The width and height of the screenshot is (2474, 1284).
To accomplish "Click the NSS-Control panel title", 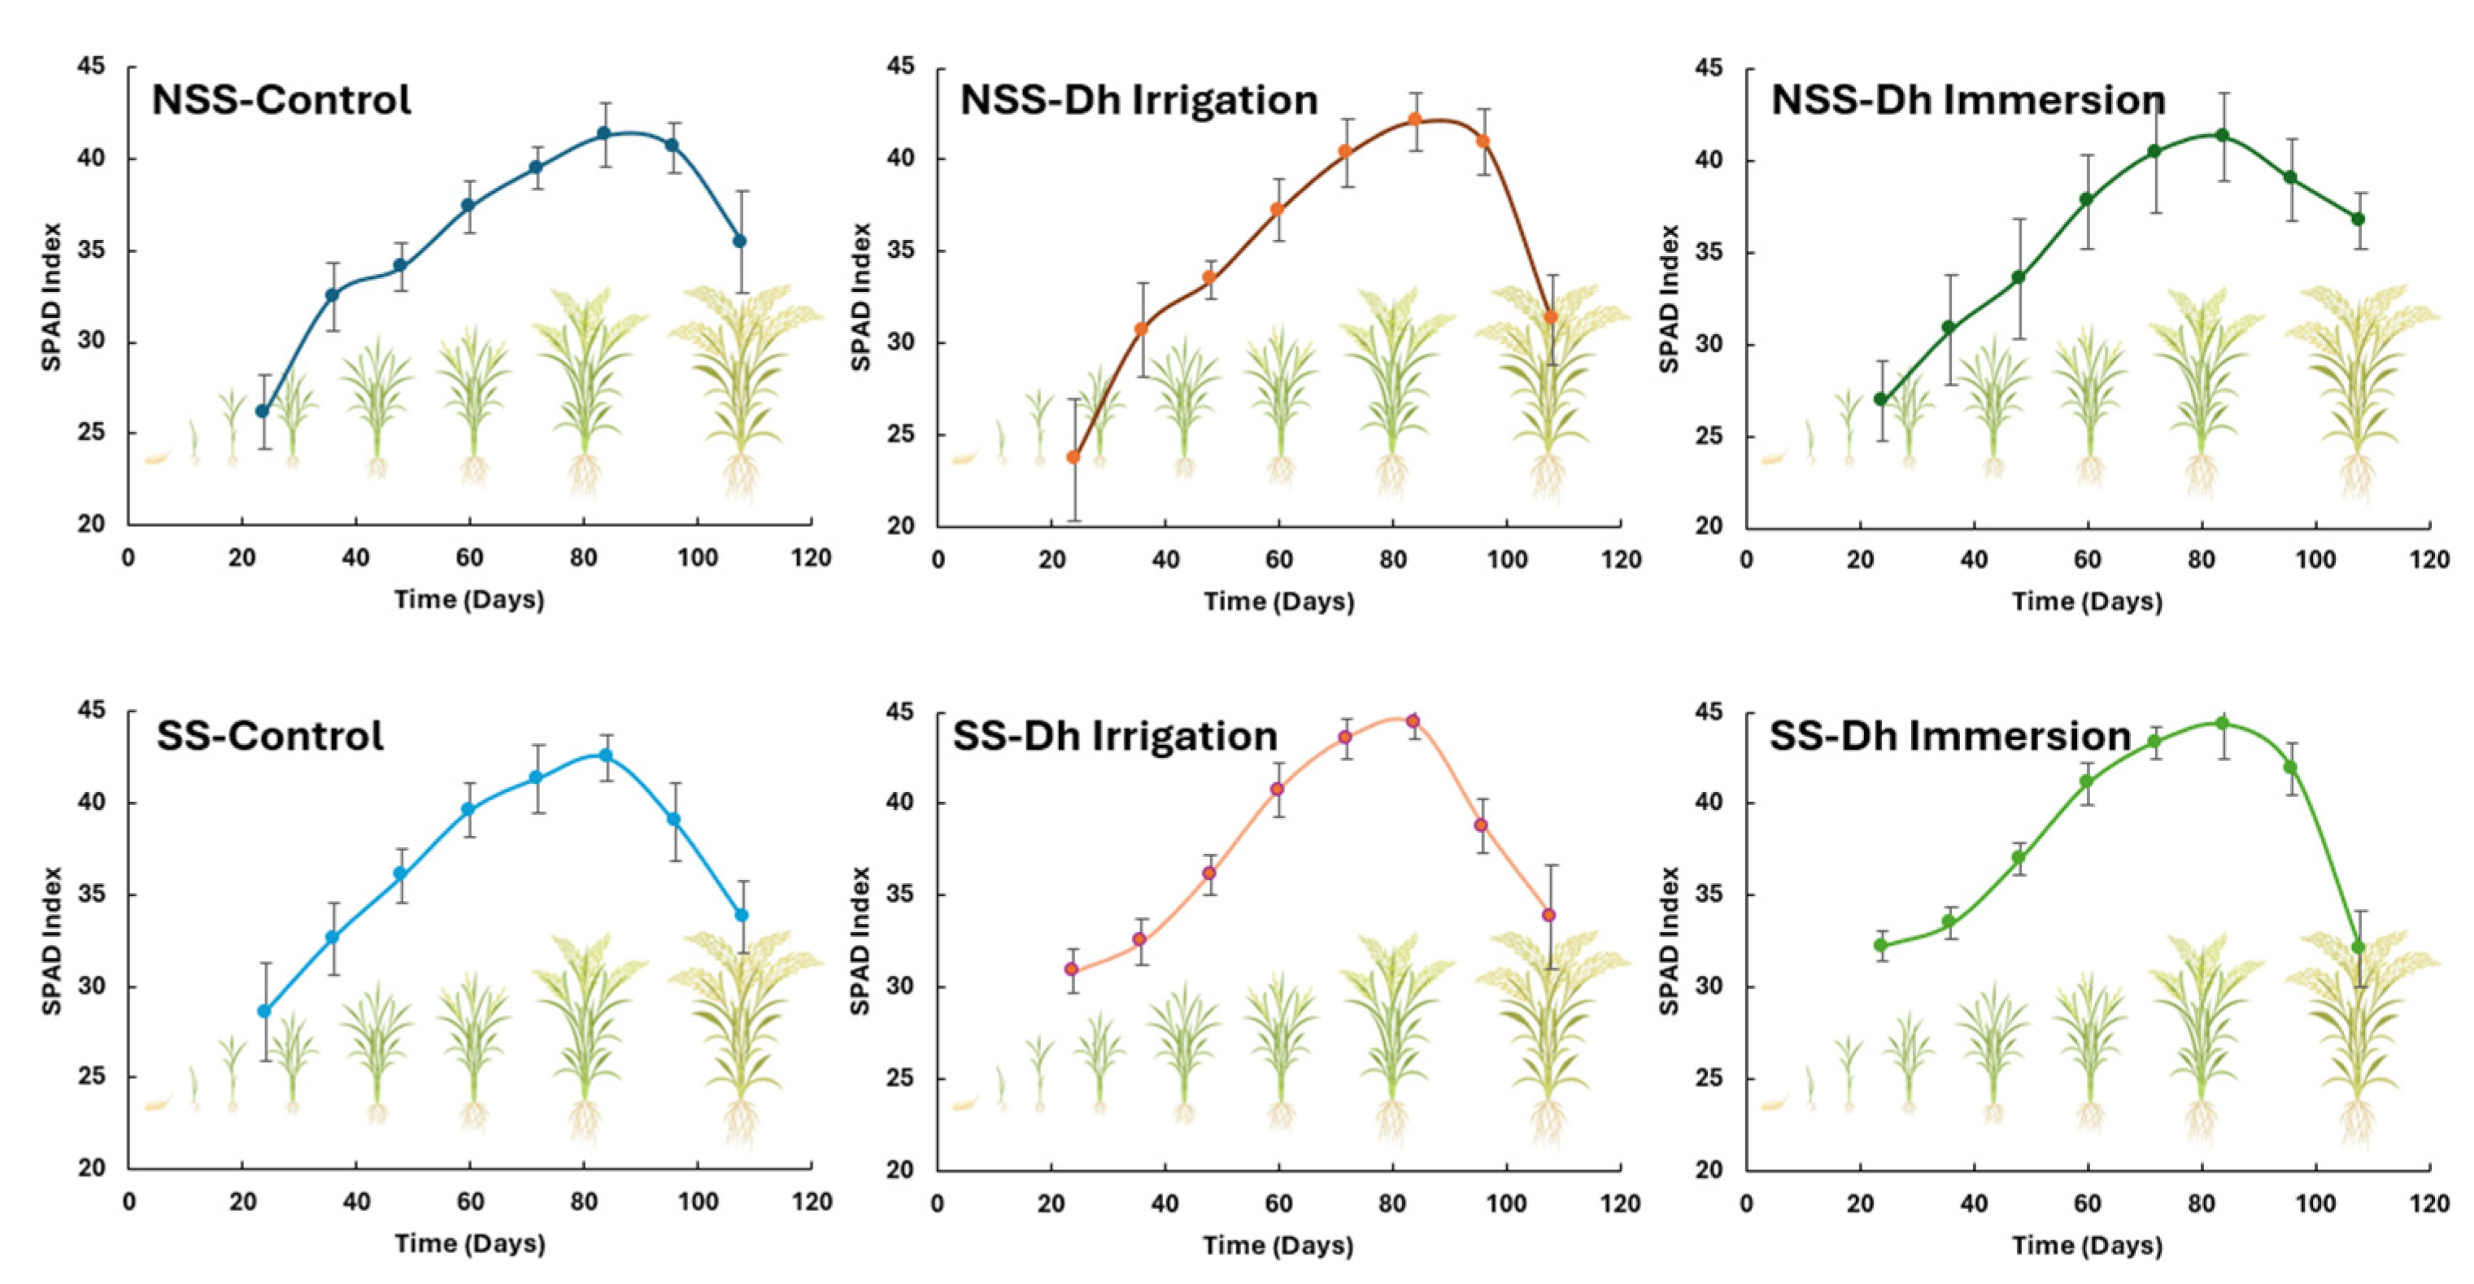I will [281, 101].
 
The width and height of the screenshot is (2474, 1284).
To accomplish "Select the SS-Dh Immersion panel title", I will [1949, 737].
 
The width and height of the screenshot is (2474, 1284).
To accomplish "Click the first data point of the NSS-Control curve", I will [262, 411].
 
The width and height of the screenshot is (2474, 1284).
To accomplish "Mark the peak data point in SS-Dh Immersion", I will [2221, 723].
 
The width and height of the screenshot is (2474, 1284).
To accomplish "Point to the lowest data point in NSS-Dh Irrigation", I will [1074, 457].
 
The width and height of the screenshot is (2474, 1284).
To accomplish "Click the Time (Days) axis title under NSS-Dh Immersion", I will [2087, 602].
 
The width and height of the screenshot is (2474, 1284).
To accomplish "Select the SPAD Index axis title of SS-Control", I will [52, 941].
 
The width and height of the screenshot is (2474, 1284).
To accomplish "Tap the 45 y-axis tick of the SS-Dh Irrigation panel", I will [901, 712].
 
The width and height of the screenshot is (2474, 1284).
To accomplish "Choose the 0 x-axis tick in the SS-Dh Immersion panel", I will [1747, 1203].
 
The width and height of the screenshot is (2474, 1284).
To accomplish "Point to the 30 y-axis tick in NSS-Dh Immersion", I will [1710, 345].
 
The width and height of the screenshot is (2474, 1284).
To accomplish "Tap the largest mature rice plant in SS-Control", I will [742, 1037].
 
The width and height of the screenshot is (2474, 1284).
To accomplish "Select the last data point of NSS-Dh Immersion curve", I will [2358, 219].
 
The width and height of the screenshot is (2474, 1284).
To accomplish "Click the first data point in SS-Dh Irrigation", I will [1072, 969].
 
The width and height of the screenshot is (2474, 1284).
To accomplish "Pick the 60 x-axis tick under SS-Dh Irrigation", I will [1278, 1203].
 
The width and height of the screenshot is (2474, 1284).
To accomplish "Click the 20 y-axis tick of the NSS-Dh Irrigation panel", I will [901, 526].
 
